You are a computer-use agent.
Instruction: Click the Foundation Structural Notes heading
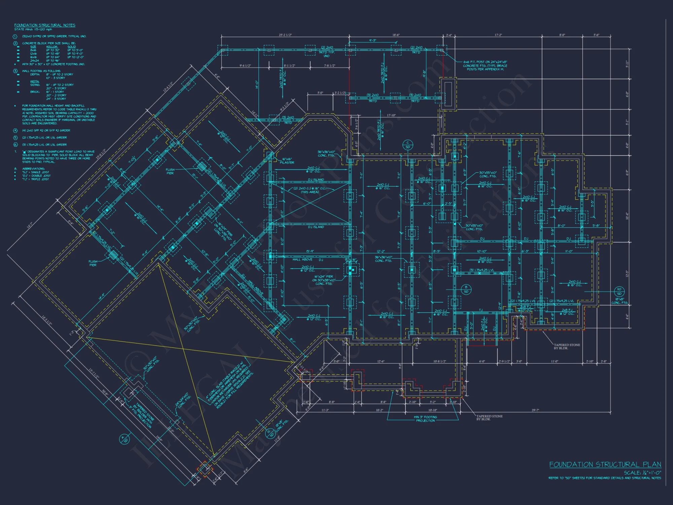pyautogui.click(x=45, y=25)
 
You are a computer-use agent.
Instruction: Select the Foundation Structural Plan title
pyautogui.click(x=605, y=465)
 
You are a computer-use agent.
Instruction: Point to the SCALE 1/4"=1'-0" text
pyautogui.click(x=642, y=473)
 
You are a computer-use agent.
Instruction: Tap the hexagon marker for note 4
pyautogui.click(x=15, y=130)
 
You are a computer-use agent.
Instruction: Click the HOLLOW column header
pyautogui.click(x=52, y=47)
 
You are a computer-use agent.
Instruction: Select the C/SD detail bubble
pyautogui.click(x=408, y=145)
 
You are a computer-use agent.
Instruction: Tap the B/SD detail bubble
pyautogui.click(x=466, y=289)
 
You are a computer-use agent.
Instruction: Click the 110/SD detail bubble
pyautogui.click(x=619, y=291)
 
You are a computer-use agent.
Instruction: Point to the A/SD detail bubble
pyautogui.click(x=124, y=439)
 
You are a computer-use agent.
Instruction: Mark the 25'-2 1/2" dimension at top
pyautogui.click(x=285, y=35)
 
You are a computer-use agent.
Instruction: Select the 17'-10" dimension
pyautogui.click(x=391, y=115)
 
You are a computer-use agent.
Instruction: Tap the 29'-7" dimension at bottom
pyautogui.click(x=535, y=410)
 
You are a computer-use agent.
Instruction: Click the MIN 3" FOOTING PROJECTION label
pyautogui.click(x=425, y=419)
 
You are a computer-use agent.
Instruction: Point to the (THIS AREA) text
pyautogui.click(x=310, y=192)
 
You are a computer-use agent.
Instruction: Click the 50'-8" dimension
pyautogui.click(x=105, y=393)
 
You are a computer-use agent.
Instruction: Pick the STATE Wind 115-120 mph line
pyautogui.click(x=33, y=30)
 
